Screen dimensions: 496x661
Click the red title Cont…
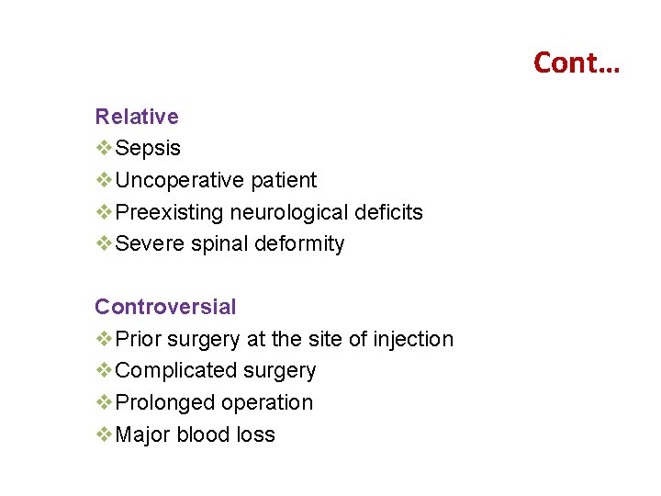[577, 62]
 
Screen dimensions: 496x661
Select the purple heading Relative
[137, 117]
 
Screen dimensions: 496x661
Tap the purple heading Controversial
[165, 307]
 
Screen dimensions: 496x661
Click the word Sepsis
[149, 149]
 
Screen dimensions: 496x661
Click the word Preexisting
[170, 212]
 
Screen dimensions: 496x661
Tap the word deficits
[389, 212]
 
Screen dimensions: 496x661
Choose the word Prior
[139, 339]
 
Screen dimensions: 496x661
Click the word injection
[413, 339]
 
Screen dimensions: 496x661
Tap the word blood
[204, 434]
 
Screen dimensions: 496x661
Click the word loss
[256, 434]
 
